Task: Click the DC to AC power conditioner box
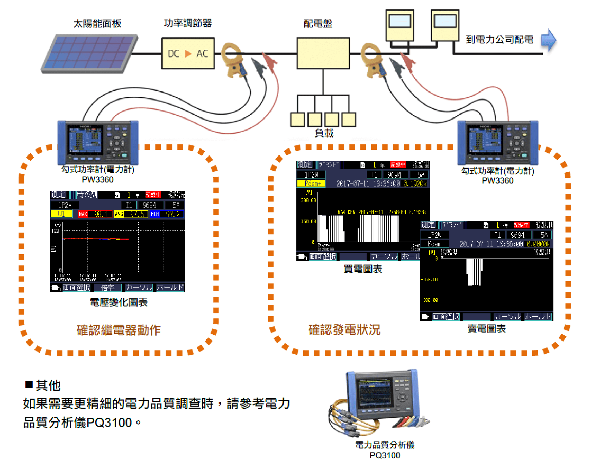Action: point(188,53)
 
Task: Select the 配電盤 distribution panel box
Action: point(323,53)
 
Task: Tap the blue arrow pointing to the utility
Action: point(548,40)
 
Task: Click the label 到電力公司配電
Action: point(499,40)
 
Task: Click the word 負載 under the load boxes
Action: point(324,133)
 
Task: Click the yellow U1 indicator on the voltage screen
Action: point(61,214)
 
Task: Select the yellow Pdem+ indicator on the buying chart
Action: point(311,183)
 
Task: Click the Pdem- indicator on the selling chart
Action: point(434,243)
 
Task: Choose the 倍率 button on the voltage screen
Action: point(108,288)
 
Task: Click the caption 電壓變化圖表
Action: point(119,302)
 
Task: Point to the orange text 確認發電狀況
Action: point(344,330)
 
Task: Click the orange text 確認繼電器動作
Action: point(119,330)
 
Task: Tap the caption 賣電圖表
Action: point(486,329)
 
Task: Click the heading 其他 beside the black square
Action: point(48,386)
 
